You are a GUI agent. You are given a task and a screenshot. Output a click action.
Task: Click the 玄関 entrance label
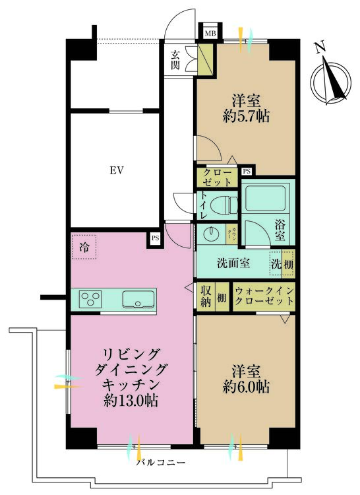click(175, 60)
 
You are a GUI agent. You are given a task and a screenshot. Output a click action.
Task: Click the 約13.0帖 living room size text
click(133, 401)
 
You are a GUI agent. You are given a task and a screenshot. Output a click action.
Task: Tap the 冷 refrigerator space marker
click(84, 248)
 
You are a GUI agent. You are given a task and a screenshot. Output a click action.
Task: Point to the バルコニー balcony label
click(161, 462)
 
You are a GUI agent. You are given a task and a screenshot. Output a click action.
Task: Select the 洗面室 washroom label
click(233, 263)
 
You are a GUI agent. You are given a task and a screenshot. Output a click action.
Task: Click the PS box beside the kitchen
click(155, 238)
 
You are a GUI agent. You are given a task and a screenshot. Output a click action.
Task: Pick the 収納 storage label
click(206, 296)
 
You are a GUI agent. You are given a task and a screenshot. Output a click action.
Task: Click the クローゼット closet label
click(217, 176)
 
